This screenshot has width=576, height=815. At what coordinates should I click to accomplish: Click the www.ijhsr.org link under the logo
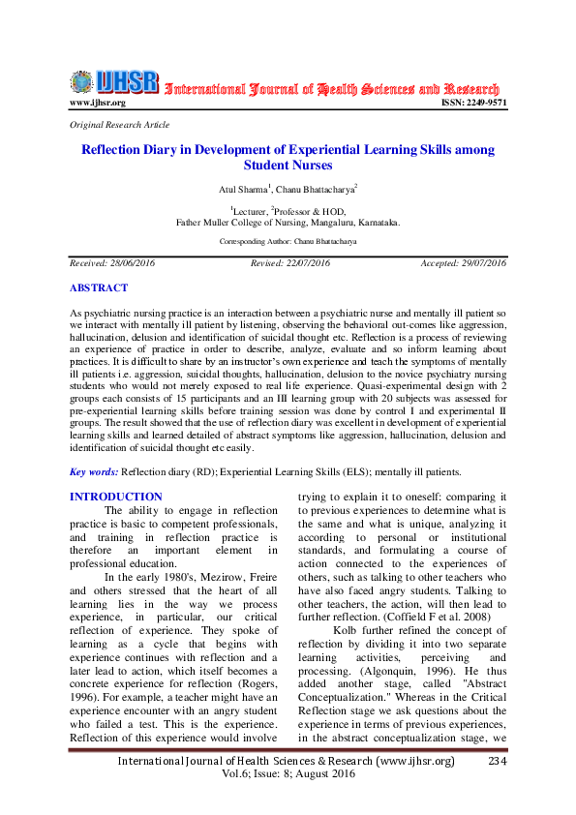98,103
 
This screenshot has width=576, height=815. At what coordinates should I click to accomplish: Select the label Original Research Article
119,125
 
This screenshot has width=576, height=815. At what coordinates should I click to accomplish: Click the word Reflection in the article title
114,150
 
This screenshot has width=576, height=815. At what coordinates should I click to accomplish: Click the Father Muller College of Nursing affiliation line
288,222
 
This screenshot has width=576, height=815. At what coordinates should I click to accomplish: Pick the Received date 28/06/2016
112,263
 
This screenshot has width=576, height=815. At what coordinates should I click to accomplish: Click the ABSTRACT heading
99,287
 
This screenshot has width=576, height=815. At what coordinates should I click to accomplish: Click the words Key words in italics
94,471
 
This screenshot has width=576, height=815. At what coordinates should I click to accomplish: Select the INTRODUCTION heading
116,497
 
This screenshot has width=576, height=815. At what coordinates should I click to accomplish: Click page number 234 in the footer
498,762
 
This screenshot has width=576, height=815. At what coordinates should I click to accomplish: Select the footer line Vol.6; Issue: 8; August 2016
288,776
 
